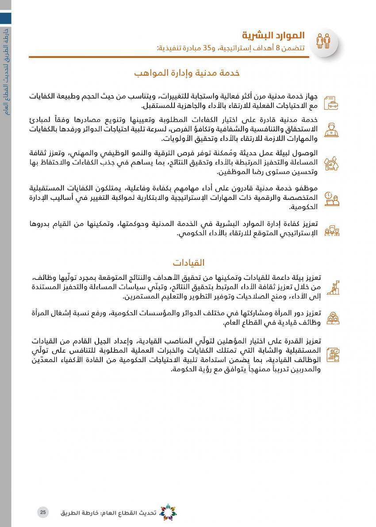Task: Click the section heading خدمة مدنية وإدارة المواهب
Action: (187, 73)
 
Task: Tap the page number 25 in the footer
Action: (43, 512)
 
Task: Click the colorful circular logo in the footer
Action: (167, 512)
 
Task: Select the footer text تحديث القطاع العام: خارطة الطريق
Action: (109, 513)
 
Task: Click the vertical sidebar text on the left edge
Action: (6, 71)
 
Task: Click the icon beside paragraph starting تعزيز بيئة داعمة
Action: (332, 287)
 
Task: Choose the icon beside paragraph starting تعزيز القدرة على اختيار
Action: (332, 355)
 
